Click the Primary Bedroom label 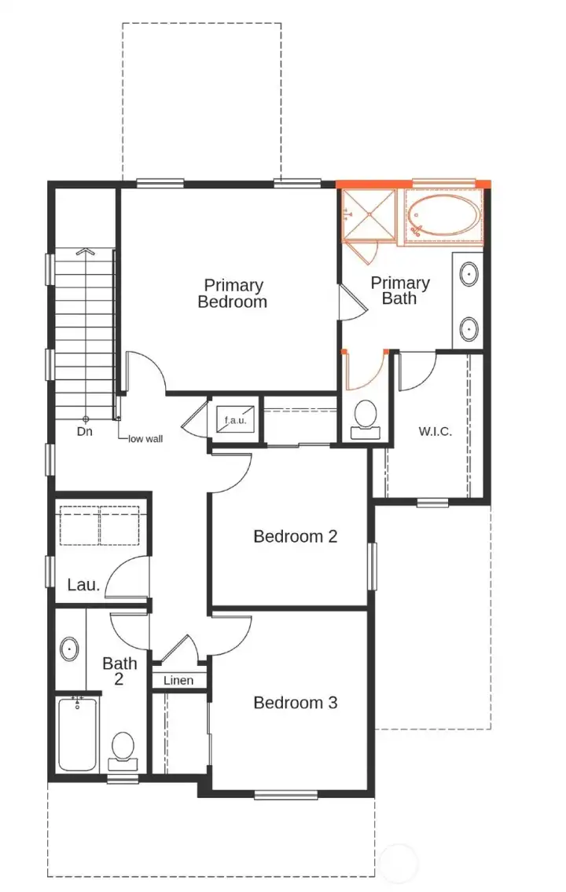pyautogui.click(x=232, y=294)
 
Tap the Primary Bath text pyautogui.click(x=400, y=290)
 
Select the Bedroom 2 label pyautogui.click(x=295, y=536)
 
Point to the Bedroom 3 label pyautogui.click(x=295, y=702)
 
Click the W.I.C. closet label pyautogui.click(x=435, y=432)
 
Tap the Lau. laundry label pyautogui.click(x=83, y=584)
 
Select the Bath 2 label pyautogui.click(x=119, y=671)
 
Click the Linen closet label pyautogui.click(x=178, y=680)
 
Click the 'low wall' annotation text pyautogui.click(x=145, y=438)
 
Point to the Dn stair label pyautogui.click(x=85, y=431)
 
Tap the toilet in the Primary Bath pyautogui.click(x=365, y=416)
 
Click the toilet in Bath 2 pyautogui.click(x=123, y=748)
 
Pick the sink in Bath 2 pyautogui.click(x=69, y=649)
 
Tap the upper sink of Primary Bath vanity pyautogui.click(x=469, y=275)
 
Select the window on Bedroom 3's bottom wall pyautogui.click(x=286, y=795)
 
